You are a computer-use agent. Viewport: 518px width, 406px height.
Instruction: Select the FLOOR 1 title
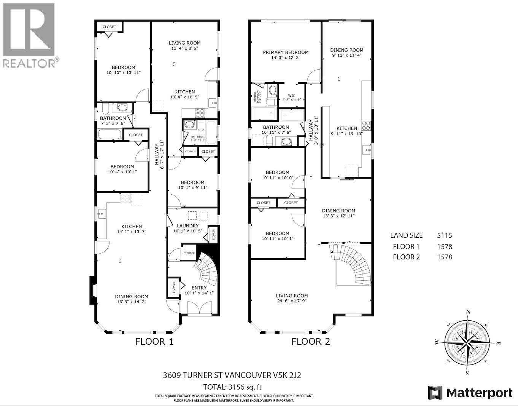pos(154,342)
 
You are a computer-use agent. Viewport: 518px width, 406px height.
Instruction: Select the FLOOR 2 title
pos(310,342)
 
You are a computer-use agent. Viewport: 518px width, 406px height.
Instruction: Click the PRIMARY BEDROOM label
pos(286,53)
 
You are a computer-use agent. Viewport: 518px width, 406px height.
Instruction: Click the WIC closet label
pos(292,96)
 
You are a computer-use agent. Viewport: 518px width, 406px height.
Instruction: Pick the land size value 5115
pos(444,236)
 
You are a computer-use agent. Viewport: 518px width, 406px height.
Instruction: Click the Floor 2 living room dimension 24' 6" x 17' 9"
pos(292,301)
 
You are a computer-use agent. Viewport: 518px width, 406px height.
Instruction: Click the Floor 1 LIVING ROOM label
pos(185,43)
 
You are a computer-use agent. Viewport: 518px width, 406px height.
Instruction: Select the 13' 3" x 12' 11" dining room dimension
pos(338,216)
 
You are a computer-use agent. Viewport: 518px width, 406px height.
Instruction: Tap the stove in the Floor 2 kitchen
pos(366,125)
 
